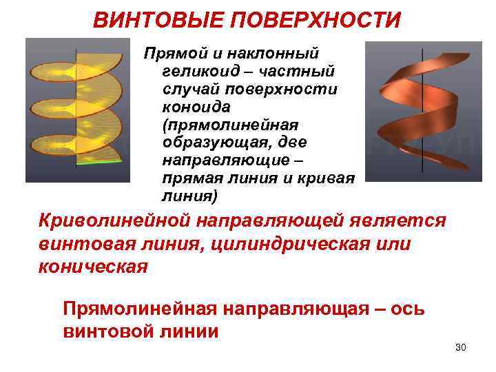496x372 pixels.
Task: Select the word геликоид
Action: pos(195,72)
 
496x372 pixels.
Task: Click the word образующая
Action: pos(203,143)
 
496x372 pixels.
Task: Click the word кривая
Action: pos(328,179)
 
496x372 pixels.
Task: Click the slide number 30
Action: pos(461,347)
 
